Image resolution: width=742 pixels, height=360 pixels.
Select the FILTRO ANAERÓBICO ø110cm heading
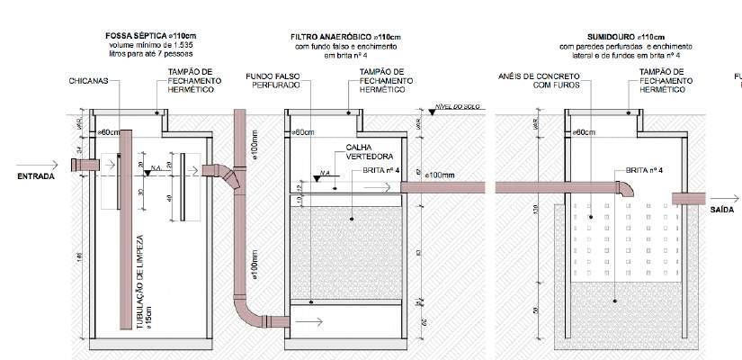[341, 38]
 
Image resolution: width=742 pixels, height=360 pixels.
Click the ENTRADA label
[36, 176]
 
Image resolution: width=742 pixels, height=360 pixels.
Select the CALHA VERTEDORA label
[355, 153]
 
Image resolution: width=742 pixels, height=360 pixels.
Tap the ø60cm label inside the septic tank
[110, 132]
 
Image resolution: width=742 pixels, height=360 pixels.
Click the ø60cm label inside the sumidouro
[586, 132]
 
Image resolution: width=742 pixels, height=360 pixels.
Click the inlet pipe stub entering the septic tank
[89, 166]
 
